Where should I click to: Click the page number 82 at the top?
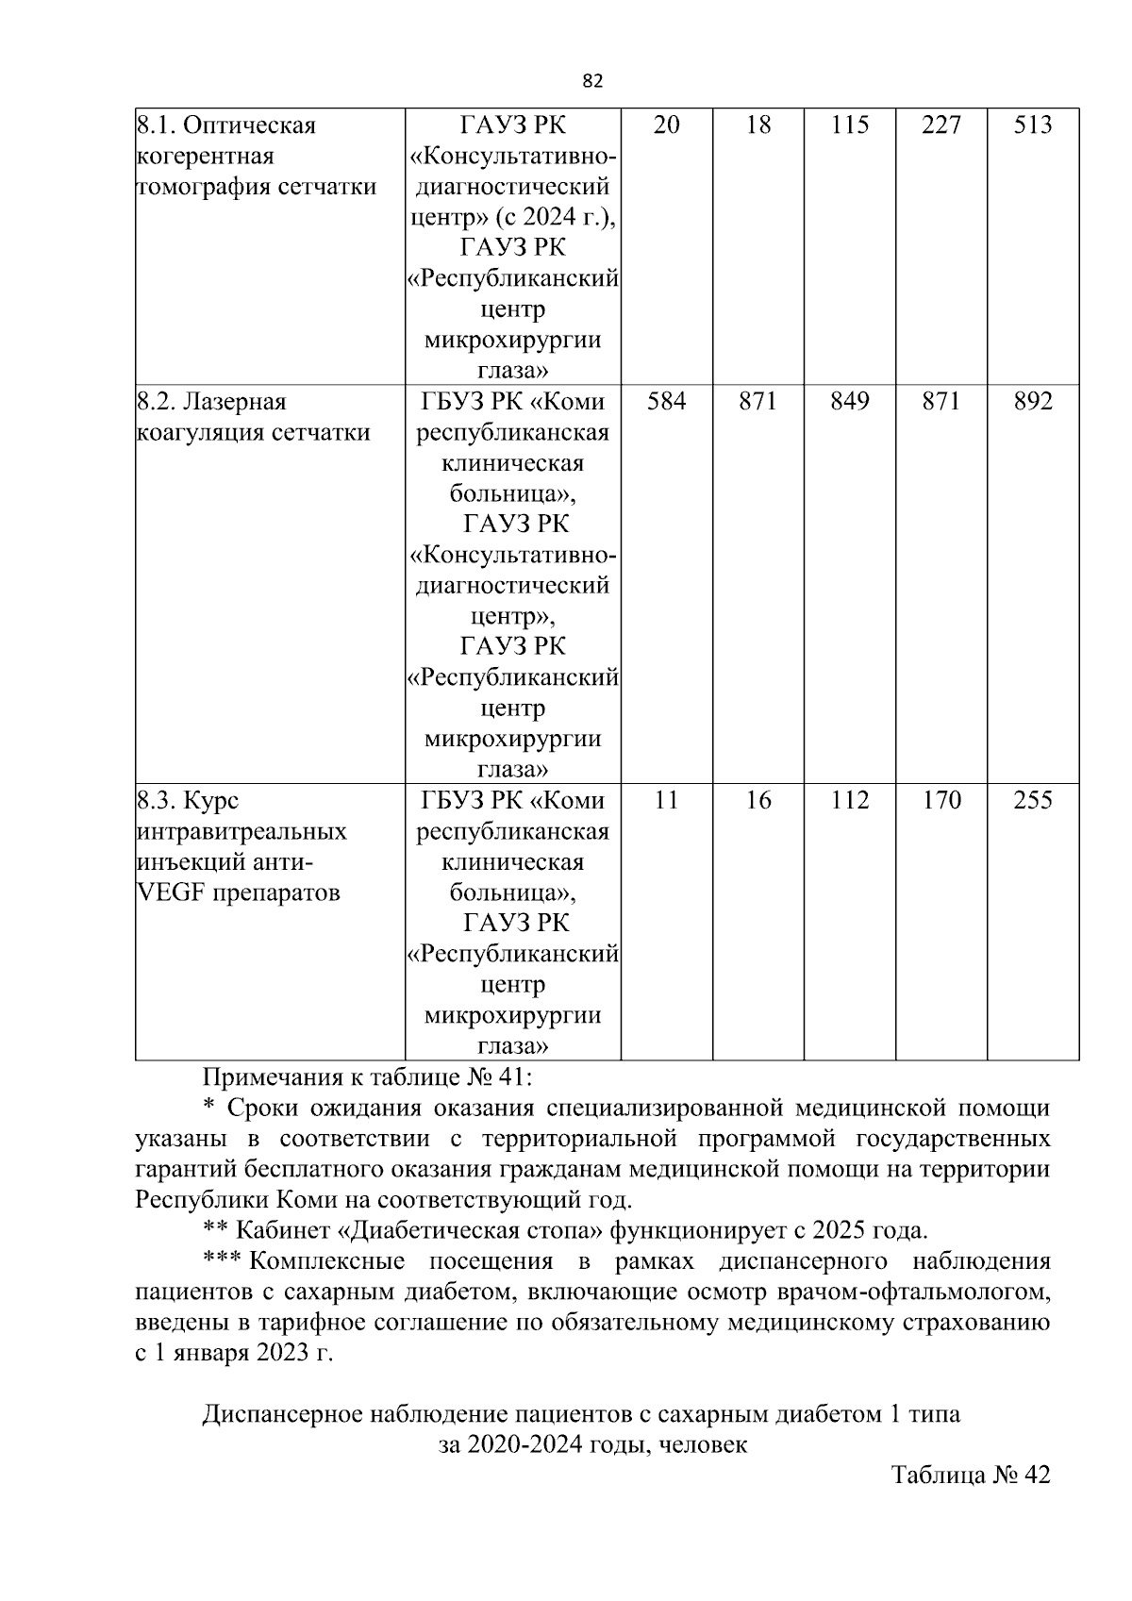coord(592,81)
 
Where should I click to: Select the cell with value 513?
coord(1032,125)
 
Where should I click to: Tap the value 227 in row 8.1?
coord(941,125)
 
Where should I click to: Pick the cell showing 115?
coord(849,125)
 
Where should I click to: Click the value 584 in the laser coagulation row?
coord(666,402)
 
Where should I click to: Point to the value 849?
coord(849,402)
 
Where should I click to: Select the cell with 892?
coord(1032,402)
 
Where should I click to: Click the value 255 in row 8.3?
coord(1032,801)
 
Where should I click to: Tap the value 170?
coord(941,801)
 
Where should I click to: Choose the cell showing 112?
coord(849,801)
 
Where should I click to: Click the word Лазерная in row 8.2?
coord(234,402)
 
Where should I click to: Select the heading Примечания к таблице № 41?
coord(368,1076)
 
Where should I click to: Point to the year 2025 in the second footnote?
coord(838,1231)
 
